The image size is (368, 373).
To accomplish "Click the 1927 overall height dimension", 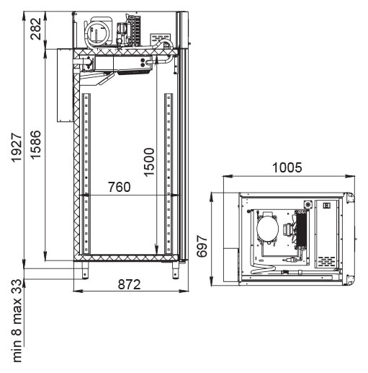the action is (x=17, y=147).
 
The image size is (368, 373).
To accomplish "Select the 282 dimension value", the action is (x=36, y=29).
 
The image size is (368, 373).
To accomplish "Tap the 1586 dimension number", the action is (x=36, y=145).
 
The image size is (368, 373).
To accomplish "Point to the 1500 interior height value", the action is (x=149, y=162).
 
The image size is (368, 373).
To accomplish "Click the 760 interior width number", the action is (x=120, y=187).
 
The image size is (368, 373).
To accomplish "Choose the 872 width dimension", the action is (x=129, y=284).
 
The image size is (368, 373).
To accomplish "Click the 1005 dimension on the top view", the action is (x=287, y=167).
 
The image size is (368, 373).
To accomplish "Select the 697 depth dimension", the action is (x=202, y=246).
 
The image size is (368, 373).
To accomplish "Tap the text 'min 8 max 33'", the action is (x=17, y=320).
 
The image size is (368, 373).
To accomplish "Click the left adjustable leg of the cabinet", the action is (x=85, y=270).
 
